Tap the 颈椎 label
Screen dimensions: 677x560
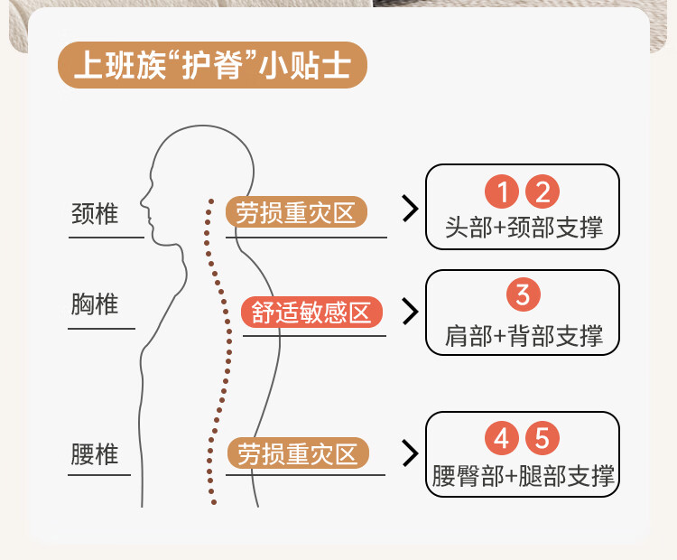(x=95, y=214)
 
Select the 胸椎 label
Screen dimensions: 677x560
(x=95, y=303)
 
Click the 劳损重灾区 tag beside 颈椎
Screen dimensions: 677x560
(x=296, y=213)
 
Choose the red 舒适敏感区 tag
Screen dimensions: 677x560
(x=312, y=313)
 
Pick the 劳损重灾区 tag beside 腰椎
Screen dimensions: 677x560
(x=298, y=453)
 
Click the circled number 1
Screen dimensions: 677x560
(x=503, y=191)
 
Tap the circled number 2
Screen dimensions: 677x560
(x=543, y=191)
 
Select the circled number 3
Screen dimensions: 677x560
(x=523, y=294)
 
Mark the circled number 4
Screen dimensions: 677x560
(x=503, y=439)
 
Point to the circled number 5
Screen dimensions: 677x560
(x=543, y=439)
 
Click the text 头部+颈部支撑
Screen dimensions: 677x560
(x=524, y=227)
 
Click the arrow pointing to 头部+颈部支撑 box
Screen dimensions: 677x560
(x=411, y=209)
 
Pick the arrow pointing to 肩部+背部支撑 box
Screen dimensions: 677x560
(x=411, y=312)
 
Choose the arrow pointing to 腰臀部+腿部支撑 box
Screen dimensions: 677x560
(x=411, y=452)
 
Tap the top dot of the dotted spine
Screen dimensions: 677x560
(x=210, y=201)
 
